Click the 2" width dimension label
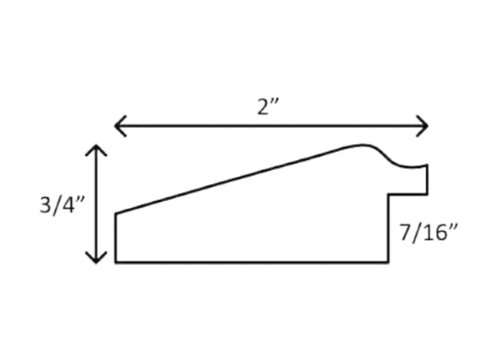(269, 106)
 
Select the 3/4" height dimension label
(63, 205)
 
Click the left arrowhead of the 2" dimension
(117, 126)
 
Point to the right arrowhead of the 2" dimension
(426, 126)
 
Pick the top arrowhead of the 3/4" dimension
(96, 148)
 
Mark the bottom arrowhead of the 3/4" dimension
(96, 259)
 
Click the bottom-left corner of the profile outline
(116, 262)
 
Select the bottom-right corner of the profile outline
(390, 262)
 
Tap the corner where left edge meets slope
(116, 213)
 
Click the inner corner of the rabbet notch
(390, 194)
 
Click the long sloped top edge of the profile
(238, 179)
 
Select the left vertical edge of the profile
(116, 238)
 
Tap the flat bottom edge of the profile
(252, 262)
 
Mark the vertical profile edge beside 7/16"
(390, 229)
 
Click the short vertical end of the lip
(428, 180)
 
